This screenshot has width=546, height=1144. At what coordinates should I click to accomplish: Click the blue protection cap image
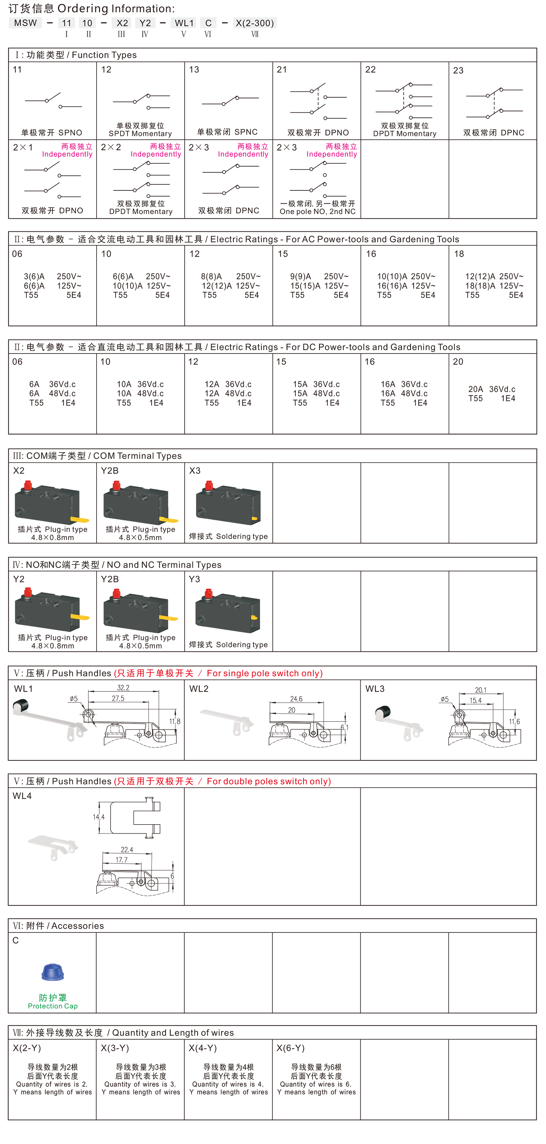point(53,973)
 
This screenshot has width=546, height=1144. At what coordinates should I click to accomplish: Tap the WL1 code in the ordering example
point(184,23)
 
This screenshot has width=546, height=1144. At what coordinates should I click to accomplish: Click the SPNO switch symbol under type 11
point(53,101)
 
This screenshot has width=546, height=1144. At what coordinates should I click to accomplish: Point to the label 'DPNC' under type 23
point(512,133)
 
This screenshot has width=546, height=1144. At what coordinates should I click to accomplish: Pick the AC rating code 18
point(459,254)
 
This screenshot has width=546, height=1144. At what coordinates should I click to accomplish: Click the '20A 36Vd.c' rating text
point(492,389)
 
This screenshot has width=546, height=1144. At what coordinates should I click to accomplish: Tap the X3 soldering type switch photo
point(229,503)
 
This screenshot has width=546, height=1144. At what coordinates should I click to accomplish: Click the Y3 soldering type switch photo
point(228,611)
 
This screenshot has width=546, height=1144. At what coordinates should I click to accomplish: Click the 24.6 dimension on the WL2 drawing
point(296,699)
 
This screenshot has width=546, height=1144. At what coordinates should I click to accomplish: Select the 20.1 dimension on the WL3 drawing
point(481,690)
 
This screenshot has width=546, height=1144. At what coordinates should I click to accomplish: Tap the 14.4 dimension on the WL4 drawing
point(99,817)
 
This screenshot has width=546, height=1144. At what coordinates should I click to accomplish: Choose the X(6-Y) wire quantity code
point(291,1048)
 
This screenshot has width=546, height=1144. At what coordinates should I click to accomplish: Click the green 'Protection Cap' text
point(53,1006)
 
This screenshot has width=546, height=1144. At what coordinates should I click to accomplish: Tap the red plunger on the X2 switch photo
point(28,485)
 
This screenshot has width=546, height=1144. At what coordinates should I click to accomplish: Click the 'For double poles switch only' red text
point(269,782)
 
